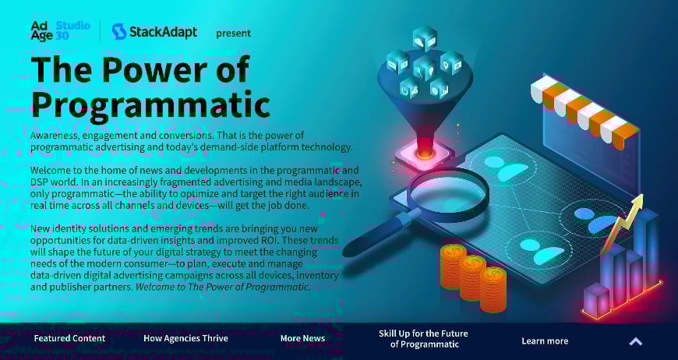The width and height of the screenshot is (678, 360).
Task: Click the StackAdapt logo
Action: tap(154, 31)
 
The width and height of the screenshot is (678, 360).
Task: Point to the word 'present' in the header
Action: tap(233, 33)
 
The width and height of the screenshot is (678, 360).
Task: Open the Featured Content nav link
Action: tap(69, 339)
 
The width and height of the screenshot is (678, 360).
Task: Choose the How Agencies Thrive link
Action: tap(185, 339)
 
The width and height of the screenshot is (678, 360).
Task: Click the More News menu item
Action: tap(302, 339)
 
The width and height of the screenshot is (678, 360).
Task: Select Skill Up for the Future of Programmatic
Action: tap(423, 339)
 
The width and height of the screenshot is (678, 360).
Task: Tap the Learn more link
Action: tap(545, 341)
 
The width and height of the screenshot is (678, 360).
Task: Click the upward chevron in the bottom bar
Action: tap(635, 341)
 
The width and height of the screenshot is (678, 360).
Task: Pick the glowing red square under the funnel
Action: tap(425, 152)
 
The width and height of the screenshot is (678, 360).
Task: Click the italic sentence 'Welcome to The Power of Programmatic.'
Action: tap(223, 287)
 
